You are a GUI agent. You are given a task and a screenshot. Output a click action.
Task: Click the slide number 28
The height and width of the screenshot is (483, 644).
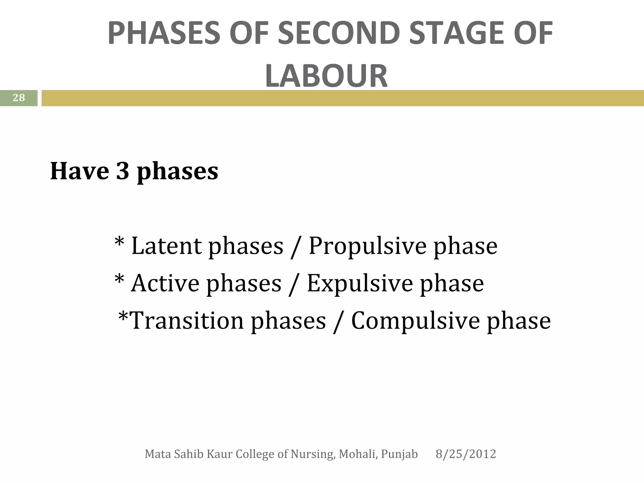point(19,98)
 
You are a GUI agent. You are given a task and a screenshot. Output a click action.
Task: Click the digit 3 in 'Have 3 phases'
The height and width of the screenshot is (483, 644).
point(122,171)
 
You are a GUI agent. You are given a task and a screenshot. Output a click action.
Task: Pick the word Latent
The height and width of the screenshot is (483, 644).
point(166,246)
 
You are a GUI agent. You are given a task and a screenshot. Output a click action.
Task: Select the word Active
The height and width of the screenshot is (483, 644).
point(165,283)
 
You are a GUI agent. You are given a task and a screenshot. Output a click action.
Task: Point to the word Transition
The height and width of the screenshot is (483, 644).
point(187,321)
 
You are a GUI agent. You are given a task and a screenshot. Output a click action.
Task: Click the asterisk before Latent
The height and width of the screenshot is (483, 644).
point(119,243)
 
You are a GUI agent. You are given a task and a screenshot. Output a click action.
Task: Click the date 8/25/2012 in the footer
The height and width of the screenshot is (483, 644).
point(466,454)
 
